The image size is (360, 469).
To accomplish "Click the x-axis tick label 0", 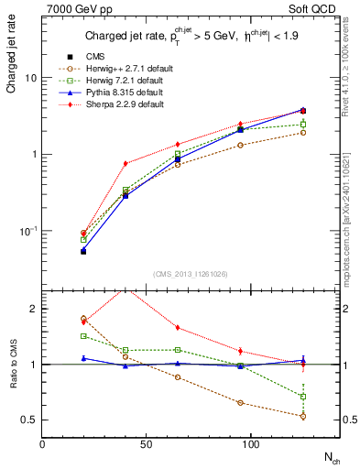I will point(42,444).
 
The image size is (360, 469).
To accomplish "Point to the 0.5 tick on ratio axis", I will point(30,420).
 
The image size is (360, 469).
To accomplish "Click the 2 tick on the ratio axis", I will point(33,309).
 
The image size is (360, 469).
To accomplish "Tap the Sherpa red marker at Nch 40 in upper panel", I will point(125,163).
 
